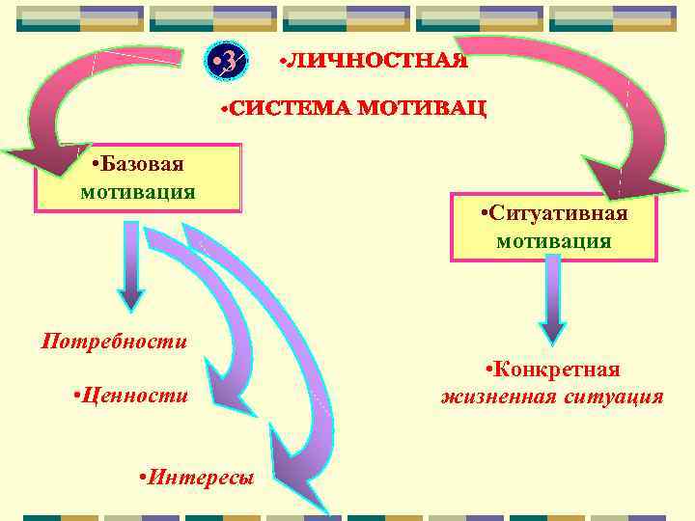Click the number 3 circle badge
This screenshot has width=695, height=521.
[x=229, y=63]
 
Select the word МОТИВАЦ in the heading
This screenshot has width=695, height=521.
[x=424, y=107]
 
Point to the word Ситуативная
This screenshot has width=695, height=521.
[x=554, y=212]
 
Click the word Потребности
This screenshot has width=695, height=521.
[x=114, y=341]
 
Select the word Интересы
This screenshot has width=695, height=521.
[x=197, y=478]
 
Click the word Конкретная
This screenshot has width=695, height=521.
[x=553, y=370]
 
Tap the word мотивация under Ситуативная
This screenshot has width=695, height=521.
[x=554, y=240]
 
